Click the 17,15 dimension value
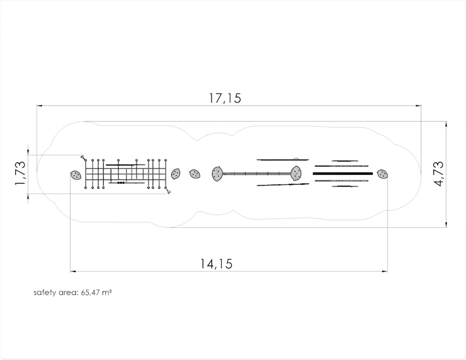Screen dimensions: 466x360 click(225, 98)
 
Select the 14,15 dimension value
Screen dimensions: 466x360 click(216, 264)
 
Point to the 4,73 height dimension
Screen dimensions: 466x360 click(439, 174)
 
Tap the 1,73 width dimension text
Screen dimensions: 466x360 click(20, 174)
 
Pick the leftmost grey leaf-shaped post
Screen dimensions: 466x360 click(76, 175)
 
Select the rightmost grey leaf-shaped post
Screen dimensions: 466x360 click(383, 174)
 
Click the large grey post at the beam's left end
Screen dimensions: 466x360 click(217, 174)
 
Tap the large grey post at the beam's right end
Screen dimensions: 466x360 click(296, 174)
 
